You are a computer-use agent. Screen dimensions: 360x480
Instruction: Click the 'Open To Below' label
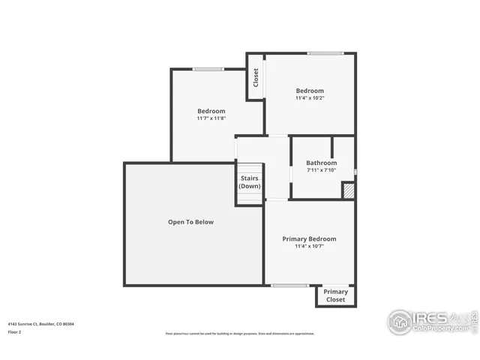[x=190, y=222]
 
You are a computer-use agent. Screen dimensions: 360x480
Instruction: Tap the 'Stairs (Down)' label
[x=250, y=181]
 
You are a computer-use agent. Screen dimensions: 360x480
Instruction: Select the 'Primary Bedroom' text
[x=309, y=238]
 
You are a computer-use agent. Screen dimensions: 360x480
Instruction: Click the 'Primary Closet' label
[x=336, y=295]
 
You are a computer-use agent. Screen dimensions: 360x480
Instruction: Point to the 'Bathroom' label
[x=321, y=163]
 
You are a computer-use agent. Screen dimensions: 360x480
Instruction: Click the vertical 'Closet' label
[x=256, y=77]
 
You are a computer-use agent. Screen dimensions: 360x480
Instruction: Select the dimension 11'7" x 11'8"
[x=211, y=118]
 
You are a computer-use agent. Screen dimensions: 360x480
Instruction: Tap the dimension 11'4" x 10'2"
[x=310, y=98]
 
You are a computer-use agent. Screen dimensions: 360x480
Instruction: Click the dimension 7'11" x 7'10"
[x=321, y=170]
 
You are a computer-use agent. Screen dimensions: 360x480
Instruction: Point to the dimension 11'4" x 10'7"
[x=309, y=246]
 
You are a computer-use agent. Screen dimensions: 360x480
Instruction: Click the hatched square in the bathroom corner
[x=349, y=191]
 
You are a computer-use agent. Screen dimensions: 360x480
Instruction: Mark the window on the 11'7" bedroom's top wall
[x=208, y=69]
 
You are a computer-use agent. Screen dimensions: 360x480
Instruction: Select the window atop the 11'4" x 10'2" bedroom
[x=325, y=53]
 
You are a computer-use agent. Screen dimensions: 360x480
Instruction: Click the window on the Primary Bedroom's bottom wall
[x=289, y=285]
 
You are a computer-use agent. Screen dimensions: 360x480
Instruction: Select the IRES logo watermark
[x=430, y=321]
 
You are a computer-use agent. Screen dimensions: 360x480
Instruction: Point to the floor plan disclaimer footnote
[x=240, y=334]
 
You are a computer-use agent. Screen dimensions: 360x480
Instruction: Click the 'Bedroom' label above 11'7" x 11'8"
[x=211, y=111]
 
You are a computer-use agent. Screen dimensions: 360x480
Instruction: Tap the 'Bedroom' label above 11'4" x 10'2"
[x=310, y=91]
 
